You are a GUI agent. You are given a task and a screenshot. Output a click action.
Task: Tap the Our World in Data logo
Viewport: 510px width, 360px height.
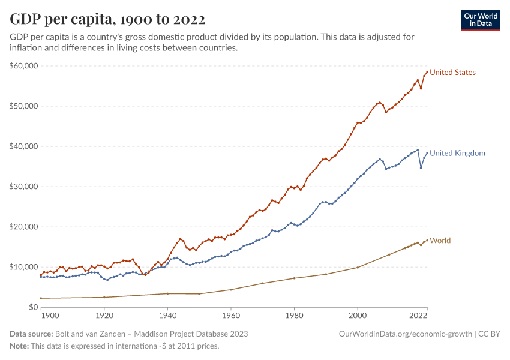point(480,20)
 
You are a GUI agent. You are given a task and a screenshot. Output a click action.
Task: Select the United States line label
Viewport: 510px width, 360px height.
point(452,73)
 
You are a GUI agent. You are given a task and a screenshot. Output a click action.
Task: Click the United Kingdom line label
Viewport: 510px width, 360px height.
point(457,153)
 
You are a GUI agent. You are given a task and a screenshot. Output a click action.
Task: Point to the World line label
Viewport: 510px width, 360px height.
point(440,241)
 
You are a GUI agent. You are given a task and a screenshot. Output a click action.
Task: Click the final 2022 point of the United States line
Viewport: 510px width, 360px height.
point(427,72)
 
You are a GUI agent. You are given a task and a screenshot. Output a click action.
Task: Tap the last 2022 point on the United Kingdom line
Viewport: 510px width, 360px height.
point(427,152)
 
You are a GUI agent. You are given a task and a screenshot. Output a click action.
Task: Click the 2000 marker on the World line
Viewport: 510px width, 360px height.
point(358,267)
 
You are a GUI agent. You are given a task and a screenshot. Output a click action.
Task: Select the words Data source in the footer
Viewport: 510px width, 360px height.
point(31,334)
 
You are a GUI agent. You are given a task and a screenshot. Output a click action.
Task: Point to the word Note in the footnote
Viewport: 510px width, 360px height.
point(19,346)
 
